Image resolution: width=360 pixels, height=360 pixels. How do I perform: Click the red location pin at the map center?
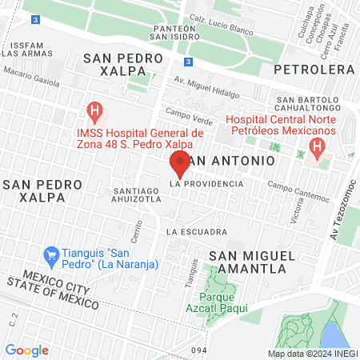point(180,162)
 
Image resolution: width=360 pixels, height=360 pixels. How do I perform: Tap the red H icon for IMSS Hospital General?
point(94,109)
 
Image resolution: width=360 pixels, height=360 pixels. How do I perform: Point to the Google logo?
point(26,350)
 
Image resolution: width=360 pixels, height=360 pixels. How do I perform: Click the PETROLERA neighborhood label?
point(314,70)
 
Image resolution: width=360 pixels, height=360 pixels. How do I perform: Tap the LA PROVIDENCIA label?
point(206,184)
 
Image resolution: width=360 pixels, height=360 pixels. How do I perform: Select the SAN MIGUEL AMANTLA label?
point(247,262)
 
